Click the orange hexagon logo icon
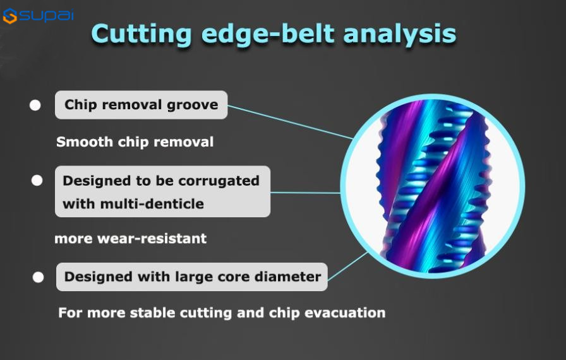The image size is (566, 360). [x=9, y=16]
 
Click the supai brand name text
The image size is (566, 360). [x=46, y=15]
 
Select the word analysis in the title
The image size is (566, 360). [x=400, y=34]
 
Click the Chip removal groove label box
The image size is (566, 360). [x=141, y=105]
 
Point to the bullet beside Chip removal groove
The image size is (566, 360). [x=35, y=105]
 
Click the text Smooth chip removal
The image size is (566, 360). [x=135, y=141]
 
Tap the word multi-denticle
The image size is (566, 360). [x=152, y=204]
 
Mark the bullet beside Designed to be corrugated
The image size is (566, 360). [x=37, y=180]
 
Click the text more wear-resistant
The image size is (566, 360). [x=131, y=239]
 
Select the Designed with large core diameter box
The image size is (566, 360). [x=191, y=277]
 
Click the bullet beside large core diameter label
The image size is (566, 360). [x=39, y=277]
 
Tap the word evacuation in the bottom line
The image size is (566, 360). [x=345, y=313]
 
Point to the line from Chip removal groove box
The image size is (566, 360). [x=290, y=122]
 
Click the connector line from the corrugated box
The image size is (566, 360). [x=305, y=193]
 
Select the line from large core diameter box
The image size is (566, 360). [x=347, y=267]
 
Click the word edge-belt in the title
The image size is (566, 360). [x=267, y=34]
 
